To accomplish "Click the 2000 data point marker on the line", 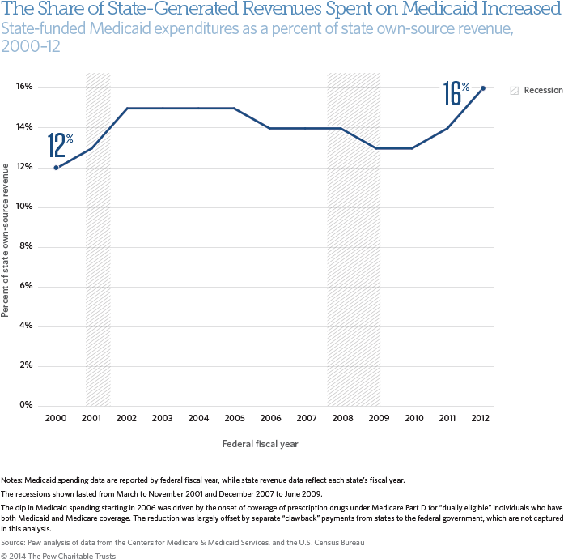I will coord(56,168).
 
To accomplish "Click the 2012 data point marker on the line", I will coord(483,88).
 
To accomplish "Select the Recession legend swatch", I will coord(513,90).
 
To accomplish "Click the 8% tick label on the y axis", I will coord(26,246).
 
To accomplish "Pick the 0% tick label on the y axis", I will coord(26,405).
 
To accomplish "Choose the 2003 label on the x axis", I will coord(163,419).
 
